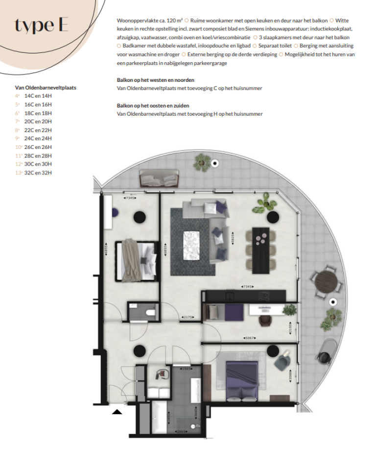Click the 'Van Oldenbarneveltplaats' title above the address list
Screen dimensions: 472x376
coord(46,87)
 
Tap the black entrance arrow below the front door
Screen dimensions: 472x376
coord(117,412)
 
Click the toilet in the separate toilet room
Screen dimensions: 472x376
coord(150,311)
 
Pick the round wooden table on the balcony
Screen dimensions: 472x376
coord(327,281)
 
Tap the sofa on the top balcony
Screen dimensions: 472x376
coord(160,179)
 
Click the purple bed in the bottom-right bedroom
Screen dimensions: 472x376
coord(243,378)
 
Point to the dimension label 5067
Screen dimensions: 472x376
coord(250,338)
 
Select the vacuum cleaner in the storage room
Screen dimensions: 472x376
coord(160,375)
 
